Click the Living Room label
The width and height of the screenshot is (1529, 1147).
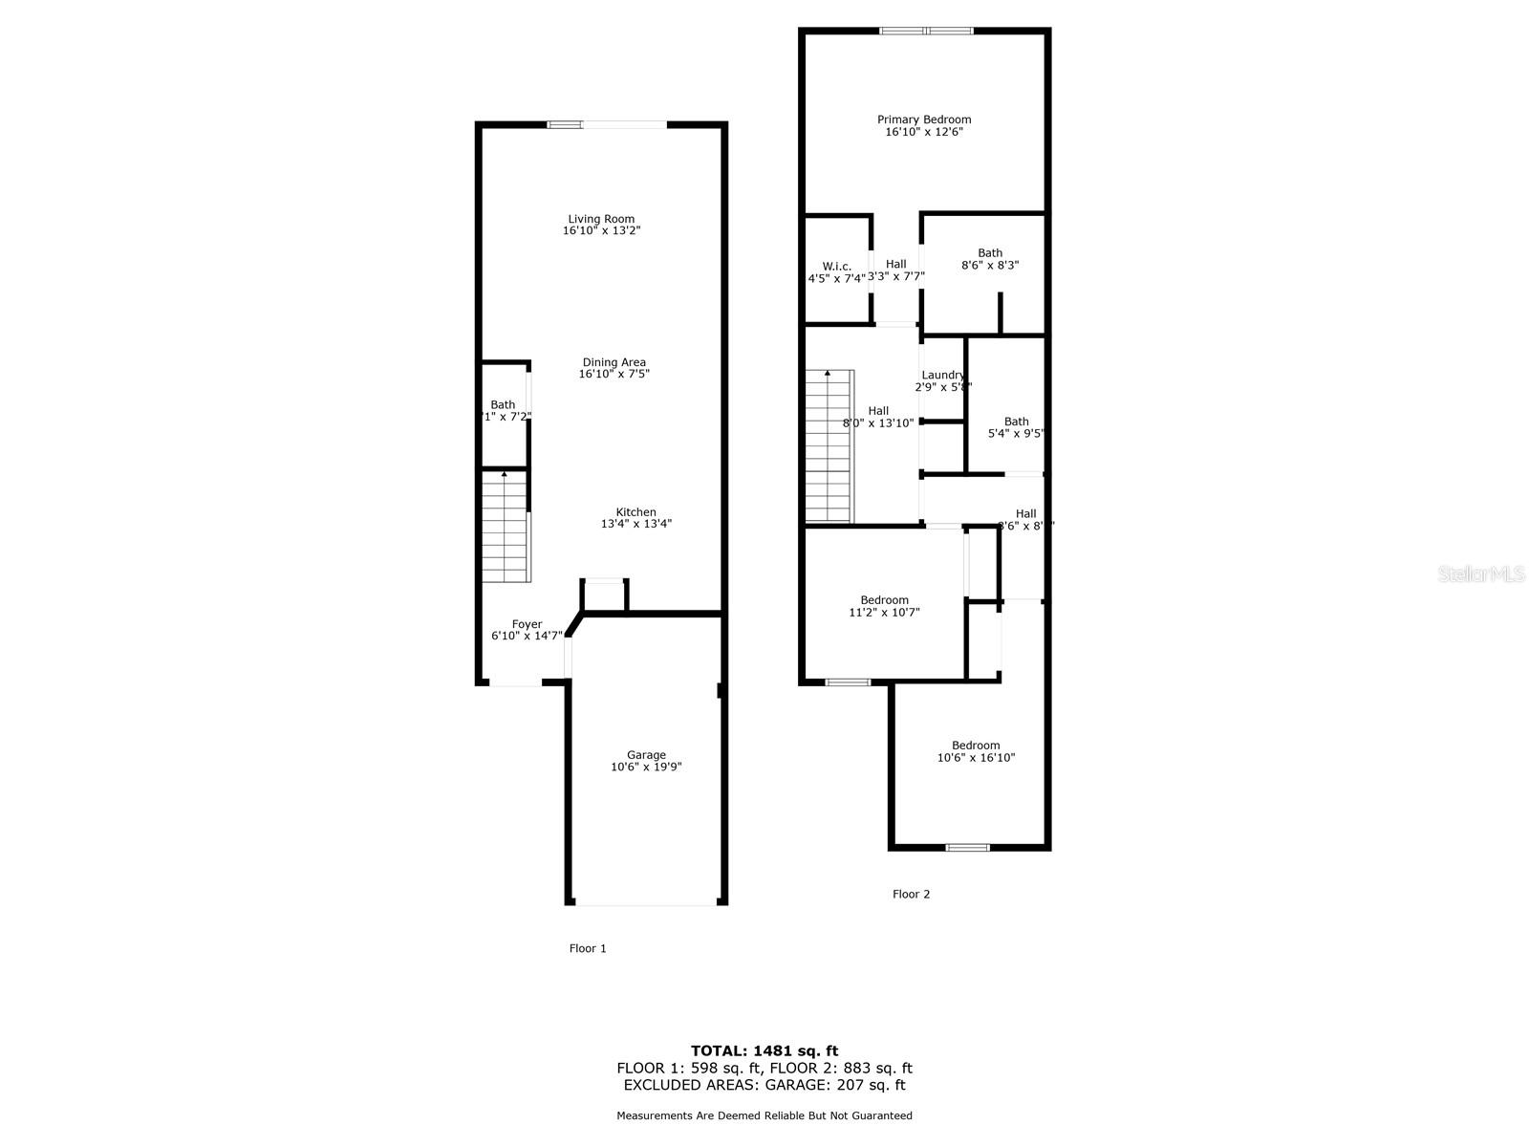[601, 219]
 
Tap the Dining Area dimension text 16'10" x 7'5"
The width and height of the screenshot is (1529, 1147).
[614, 375]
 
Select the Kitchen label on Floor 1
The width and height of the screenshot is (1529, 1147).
[635, 512]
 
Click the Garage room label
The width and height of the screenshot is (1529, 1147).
[646, 755]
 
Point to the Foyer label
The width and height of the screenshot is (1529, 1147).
[527, 624]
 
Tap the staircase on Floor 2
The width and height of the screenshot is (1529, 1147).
[828, 447]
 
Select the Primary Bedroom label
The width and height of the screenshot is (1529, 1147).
[924, 119]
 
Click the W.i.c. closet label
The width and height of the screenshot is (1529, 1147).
[836, 267]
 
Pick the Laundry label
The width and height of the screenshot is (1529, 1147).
[942, 376]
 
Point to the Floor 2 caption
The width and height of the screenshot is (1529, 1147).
[911, 895]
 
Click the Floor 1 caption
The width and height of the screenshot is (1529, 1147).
[588, 949]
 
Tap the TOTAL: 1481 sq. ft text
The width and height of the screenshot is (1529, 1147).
[764, 1050]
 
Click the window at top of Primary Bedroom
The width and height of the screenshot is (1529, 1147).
[926, 31]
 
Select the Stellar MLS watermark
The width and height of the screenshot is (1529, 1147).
[1481, 573]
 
